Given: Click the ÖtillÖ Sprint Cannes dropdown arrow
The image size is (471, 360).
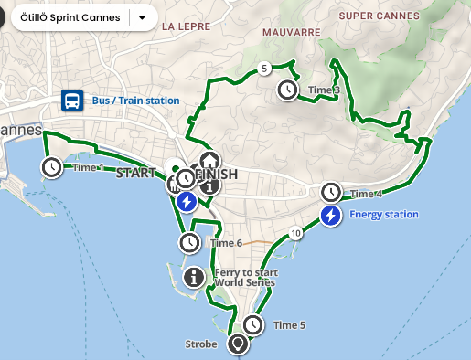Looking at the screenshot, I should (142, 17).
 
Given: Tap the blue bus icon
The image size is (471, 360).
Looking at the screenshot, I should (70, 100).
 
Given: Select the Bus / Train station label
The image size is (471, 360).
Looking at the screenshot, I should (134, 101).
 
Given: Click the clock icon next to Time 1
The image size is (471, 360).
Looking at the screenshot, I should (51, 167).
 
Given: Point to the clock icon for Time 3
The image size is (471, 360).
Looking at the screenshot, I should (287, 90).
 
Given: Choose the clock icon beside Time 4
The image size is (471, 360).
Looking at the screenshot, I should (330, 193).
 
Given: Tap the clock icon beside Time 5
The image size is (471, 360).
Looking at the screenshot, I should (252, 324).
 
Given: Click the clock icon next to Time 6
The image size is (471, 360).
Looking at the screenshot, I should (188, 242).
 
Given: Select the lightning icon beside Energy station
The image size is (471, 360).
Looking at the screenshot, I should (330, 215).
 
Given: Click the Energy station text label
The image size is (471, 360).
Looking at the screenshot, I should (383, 215).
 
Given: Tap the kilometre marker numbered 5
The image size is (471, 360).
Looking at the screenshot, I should (263, 68).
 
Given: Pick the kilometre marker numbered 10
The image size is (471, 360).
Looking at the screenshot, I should (294, 234).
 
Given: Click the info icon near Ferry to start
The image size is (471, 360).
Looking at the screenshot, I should (193, 277).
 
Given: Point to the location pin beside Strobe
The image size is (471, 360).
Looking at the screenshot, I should (239, 344).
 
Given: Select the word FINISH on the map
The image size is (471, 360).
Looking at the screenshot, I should (217, 174).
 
